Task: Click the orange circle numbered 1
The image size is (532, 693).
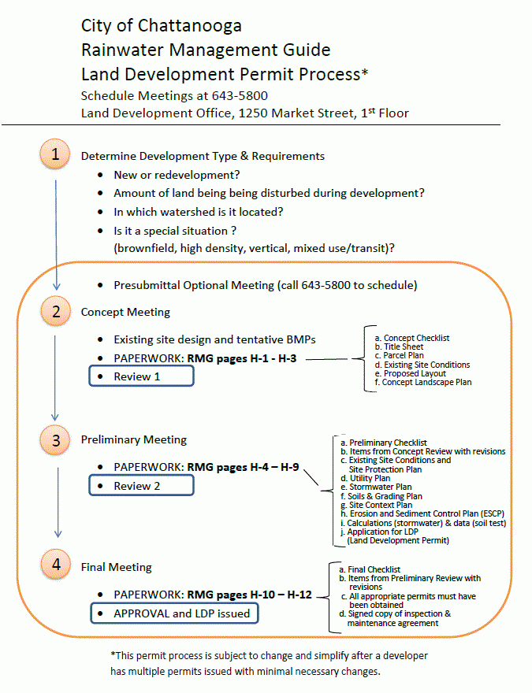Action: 55,154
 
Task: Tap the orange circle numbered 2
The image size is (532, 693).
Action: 56,311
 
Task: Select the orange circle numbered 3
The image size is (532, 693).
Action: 56,440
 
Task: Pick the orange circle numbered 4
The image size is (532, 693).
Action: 55,565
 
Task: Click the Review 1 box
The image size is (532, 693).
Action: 140,376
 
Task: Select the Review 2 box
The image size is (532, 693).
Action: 140,486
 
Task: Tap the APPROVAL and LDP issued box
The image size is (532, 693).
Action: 176,613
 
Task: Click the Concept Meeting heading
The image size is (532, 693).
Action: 125,312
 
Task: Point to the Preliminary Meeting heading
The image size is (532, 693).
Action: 134,439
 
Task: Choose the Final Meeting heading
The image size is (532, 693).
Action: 117,566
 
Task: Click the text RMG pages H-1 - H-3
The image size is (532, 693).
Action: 244,358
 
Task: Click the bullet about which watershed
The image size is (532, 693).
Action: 199,212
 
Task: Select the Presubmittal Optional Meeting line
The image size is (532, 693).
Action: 265,284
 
